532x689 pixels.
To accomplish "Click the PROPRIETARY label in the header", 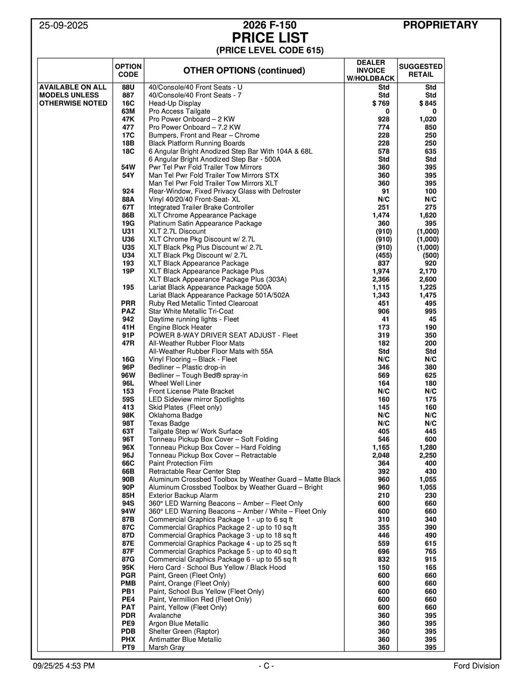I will point(440,25).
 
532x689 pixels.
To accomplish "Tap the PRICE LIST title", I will point(270,38).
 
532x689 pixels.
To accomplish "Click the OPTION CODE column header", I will point(128,70).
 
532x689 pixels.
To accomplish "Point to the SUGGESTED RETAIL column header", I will point(421,70).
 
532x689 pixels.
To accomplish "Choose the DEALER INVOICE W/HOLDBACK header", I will point(371,70).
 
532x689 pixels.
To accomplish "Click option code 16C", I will point(128,103).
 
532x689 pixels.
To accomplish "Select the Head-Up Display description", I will point(175,103).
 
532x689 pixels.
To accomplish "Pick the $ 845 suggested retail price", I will point(427,103).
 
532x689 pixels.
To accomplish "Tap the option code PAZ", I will point(128,312).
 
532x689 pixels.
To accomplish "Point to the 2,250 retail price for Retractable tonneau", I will point(428,455).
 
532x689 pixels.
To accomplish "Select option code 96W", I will point(128,375).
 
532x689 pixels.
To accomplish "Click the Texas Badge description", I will point(169,423).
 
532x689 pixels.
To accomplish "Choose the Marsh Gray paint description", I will point(166,647).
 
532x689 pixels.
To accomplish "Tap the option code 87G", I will point(128,559).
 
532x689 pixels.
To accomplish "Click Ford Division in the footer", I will point(476,666).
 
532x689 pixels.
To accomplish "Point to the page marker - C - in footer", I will point(266,666).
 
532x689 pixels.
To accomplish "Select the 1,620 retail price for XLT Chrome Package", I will point(428,216).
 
